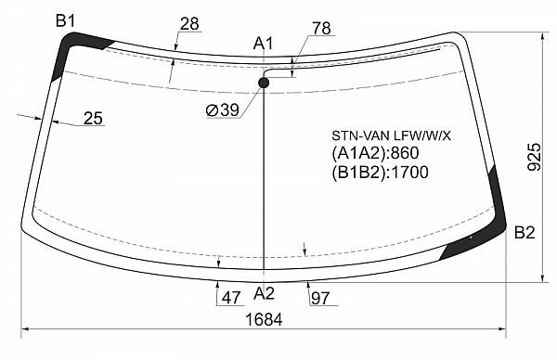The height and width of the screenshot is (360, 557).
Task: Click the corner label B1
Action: tap(66, 21)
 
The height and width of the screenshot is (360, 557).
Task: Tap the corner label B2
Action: tap(525, 233)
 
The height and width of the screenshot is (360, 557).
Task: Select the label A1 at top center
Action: tap(264, 44)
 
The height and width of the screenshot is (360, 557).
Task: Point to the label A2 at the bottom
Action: tap(264, 293)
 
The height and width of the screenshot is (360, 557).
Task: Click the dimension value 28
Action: tap(189, 24)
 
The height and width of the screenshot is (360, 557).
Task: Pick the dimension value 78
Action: tap(321, 29)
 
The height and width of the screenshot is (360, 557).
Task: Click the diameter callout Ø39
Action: tap(223, 110)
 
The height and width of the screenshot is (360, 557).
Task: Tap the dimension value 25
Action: tap(93, 118)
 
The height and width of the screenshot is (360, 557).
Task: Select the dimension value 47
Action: tap(231, 298)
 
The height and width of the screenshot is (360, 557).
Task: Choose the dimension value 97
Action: tap(320, 298)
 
